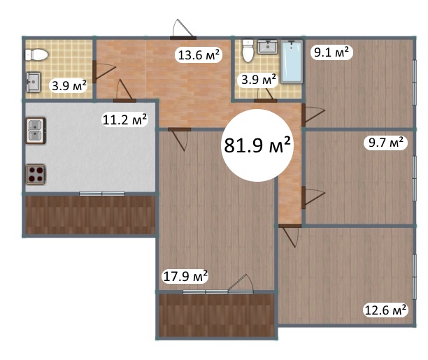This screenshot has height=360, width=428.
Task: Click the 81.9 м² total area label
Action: [x=257, y=145]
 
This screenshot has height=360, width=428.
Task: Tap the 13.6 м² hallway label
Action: [x=199, y=55]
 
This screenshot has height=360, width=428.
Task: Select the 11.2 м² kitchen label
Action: [x=124, y=120]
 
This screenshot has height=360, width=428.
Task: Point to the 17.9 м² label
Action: [x=185, y=276]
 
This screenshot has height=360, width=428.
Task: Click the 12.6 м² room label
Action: [x=385, y=310]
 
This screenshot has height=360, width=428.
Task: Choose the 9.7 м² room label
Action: [x=385, y=142]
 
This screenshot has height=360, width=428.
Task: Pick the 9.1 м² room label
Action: [x=331, y=52]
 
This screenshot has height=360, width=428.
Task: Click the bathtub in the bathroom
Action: [x=292, y=62]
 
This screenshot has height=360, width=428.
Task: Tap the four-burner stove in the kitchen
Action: [x=36, y=174]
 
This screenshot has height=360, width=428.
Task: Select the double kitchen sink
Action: [x=36, y=131]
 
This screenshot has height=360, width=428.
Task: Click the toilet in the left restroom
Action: [x=36, y=55]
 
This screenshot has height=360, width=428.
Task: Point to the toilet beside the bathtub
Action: [x=248, y=51]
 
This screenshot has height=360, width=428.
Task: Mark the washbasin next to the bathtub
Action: [x=267, y=47]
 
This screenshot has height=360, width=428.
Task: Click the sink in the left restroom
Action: [x=33, y=82]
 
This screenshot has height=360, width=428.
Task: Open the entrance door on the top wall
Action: [x=183, y=38]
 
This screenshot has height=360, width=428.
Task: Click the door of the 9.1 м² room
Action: [x=304, y=115]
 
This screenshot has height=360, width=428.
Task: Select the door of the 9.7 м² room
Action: [x=304, y=197]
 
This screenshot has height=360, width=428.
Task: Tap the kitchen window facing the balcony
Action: [x=102, y=194]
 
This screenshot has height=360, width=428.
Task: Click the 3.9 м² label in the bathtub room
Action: [x=259, y=80]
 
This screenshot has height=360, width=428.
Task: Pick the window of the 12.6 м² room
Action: [x=415, y=277]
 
